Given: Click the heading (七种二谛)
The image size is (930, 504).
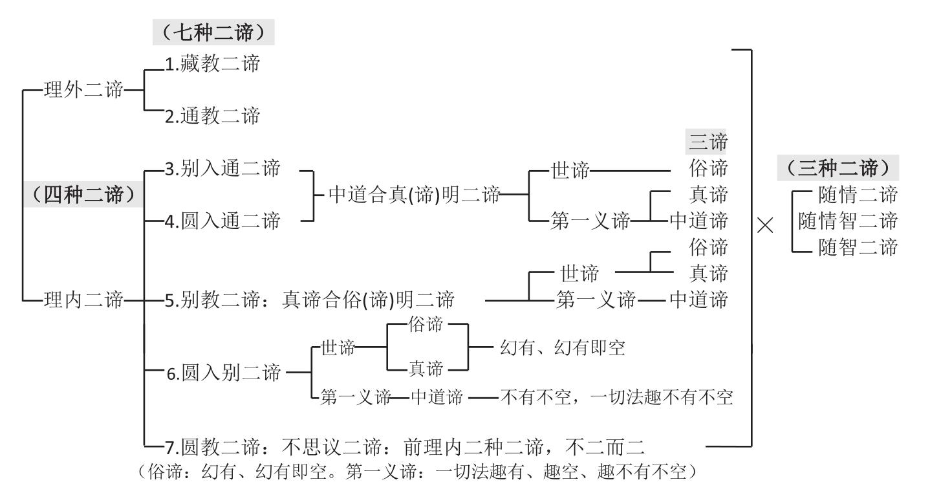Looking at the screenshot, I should coord(213,32).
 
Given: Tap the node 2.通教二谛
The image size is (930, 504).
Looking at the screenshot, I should coord(211,116).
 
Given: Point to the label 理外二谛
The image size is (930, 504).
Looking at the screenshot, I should coord(83,91).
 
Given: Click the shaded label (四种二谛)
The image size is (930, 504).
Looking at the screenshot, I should coord(84,194).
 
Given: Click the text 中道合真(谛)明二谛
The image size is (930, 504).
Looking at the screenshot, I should coord(414,195).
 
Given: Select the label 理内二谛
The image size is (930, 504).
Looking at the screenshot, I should coord(83,300).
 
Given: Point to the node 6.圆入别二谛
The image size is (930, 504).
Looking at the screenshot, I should coord(224,373).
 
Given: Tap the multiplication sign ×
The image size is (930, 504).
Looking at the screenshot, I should coord(764,226).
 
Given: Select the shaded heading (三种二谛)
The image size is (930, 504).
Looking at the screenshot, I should coord(838,169).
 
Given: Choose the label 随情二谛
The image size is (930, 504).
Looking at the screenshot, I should coord(858,195).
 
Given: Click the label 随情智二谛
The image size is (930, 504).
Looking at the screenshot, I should coord(848,221).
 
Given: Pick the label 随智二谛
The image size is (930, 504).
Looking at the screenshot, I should coord(858,247).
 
